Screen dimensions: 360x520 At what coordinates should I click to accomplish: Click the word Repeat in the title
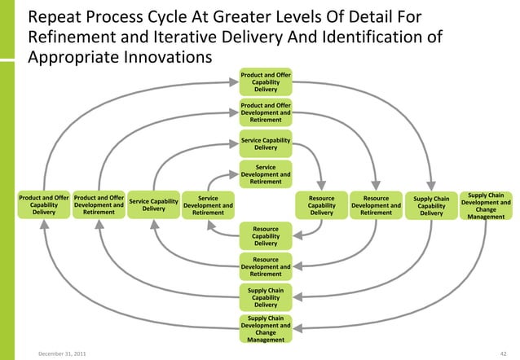(x=55, y=17)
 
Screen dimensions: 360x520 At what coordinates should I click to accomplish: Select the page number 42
(x=505, y=352)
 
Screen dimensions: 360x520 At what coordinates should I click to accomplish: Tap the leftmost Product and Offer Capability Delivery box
(x=44, y=204)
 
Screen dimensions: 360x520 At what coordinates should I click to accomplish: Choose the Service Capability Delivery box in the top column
(x=266, y=143)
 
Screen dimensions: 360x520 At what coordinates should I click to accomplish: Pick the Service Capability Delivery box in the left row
(x=154, y=205)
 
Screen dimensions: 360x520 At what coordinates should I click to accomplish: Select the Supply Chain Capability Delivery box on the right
(x=431, y=205)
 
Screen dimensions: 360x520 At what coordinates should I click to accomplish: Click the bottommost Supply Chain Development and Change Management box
(x=266, y=328)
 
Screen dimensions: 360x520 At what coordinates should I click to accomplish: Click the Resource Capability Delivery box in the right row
(x=321, y=205)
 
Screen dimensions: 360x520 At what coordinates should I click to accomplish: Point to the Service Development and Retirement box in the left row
(x=209, y=205)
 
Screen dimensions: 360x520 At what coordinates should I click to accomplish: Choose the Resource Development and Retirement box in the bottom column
(x=266, y=266)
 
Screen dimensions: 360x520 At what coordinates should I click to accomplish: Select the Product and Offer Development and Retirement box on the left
(x=99, y=204)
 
